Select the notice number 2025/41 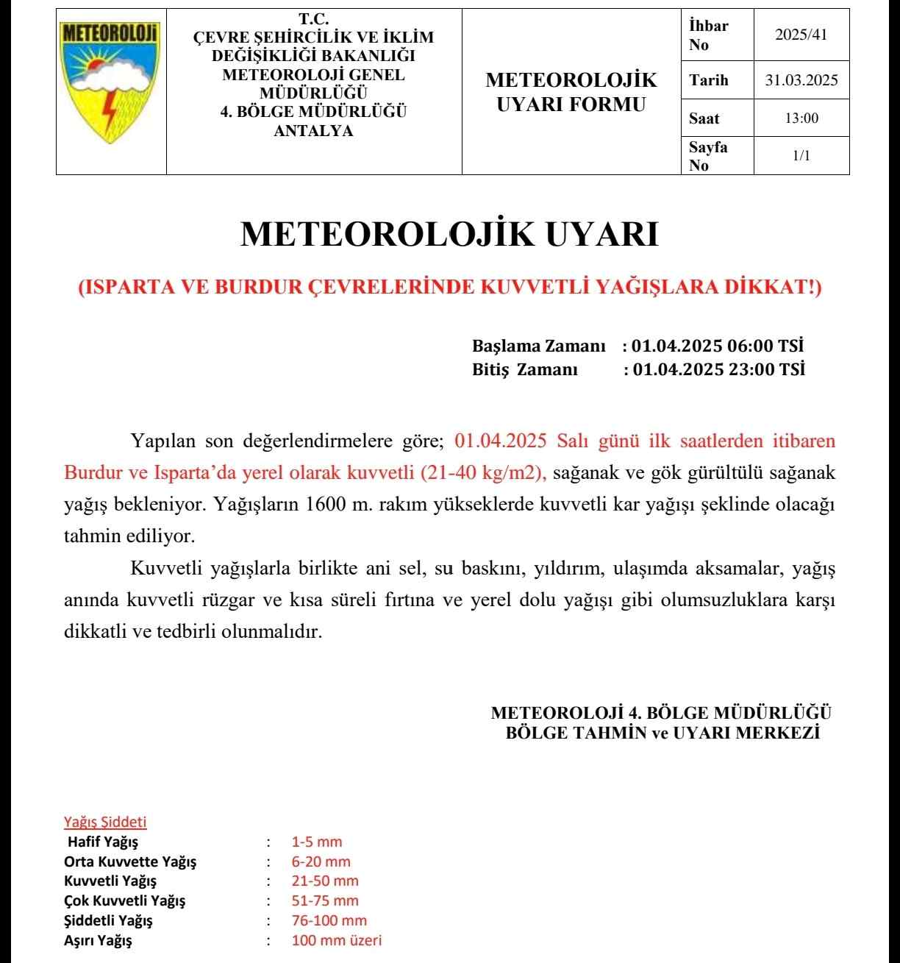[x=801, y=35]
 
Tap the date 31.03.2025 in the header [x=801, y=81]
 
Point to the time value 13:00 [x=801, y=118]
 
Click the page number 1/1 [x=801, y=156]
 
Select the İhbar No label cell [x=709, y=35]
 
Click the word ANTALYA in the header [x=313, y=132]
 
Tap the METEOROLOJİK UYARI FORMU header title [x=571, y=92]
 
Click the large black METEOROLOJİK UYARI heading [x=450, y=235]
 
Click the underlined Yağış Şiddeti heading [x=105, y=822]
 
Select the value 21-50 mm [x=325, y=881]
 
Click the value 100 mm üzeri [x=337, y=939]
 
